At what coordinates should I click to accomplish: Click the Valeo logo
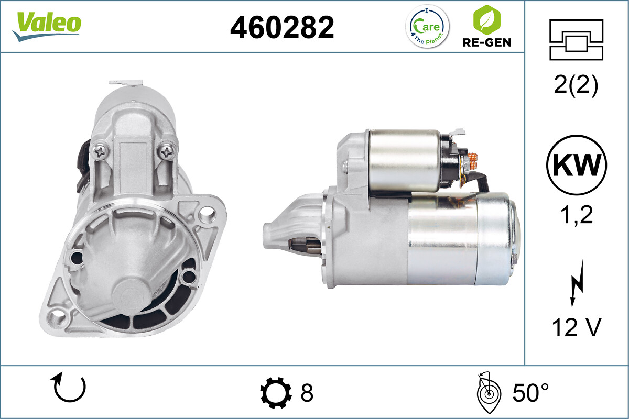tap(47, 26)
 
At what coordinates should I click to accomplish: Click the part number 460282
tap(282, 28)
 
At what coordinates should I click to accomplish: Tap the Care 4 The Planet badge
tap(427, 26)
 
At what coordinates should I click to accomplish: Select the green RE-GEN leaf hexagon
tap(486, 20)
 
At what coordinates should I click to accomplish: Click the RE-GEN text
tap(487, 42)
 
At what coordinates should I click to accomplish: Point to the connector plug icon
tap(576, 40)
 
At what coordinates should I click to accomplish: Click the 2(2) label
tap(576, 85)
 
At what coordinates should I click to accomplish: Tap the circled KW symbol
tap(577, 165)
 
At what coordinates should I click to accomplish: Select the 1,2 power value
tap(576, 215)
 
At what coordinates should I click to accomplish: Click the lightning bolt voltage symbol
tap(577, 283)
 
